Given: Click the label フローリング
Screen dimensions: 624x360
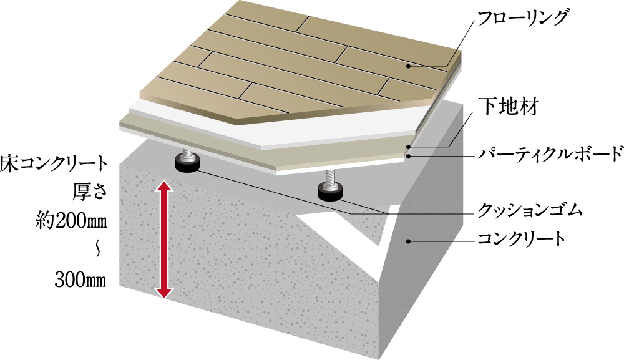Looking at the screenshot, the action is pos(522,18).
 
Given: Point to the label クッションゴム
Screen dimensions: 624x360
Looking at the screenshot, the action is pos(530,210).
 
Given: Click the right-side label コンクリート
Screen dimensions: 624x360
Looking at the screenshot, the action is pos(521,239).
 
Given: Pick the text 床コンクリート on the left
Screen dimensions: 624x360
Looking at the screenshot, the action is pos(54,164).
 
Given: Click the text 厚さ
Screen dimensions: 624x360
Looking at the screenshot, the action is pos(90,192).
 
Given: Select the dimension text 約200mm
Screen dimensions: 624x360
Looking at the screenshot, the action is pos(71,221).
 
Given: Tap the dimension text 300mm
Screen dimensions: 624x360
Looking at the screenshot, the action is pos(80,280).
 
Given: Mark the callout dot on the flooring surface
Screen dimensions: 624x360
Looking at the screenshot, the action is pos(408,66).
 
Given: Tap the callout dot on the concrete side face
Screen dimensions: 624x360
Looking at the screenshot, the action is pos(408,241).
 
